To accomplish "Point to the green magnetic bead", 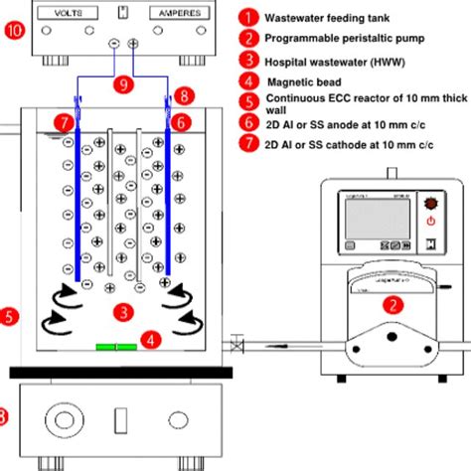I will tap(115, 347).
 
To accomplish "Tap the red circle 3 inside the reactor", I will tap(121, 311).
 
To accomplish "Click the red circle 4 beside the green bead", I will tap(151, 339).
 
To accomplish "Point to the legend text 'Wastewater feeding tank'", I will tap(327, 18).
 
